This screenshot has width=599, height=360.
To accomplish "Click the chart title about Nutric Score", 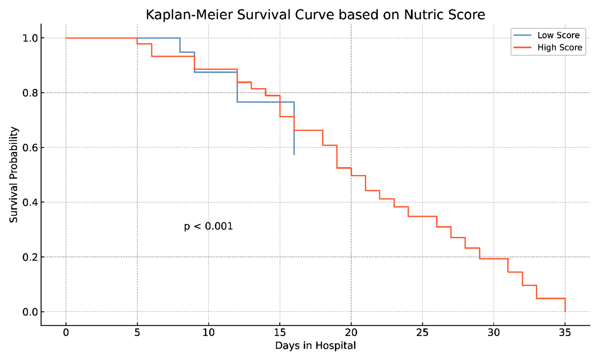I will (x=315, y=14).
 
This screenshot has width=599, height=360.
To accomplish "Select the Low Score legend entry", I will (x=558, y=35).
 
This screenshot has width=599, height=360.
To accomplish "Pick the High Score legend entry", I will (x=559, y=48).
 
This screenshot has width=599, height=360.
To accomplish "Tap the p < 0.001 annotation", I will (x=208, y=226).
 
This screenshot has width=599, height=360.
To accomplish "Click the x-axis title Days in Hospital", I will (x=315, y=346).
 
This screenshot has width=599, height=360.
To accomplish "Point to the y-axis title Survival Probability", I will (x=14, y=175).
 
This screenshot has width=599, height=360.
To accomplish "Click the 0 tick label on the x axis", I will (x=66, y=333).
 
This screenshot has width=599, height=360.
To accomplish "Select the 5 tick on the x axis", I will (x=137, y=333).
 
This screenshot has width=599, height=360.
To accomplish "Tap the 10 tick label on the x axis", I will (x=209, y=333).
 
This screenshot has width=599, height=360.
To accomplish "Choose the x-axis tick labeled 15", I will (x=280, y=333).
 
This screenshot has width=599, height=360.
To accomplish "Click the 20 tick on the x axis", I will (x=351, y=333).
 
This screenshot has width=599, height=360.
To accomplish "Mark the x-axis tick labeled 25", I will (x=422, y=333).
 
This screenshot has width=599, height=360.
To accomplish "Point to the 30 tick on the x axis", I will (x=494, y=333).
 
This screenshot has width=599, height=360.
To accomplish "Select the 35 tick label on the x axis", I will (x=565, y=333).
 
